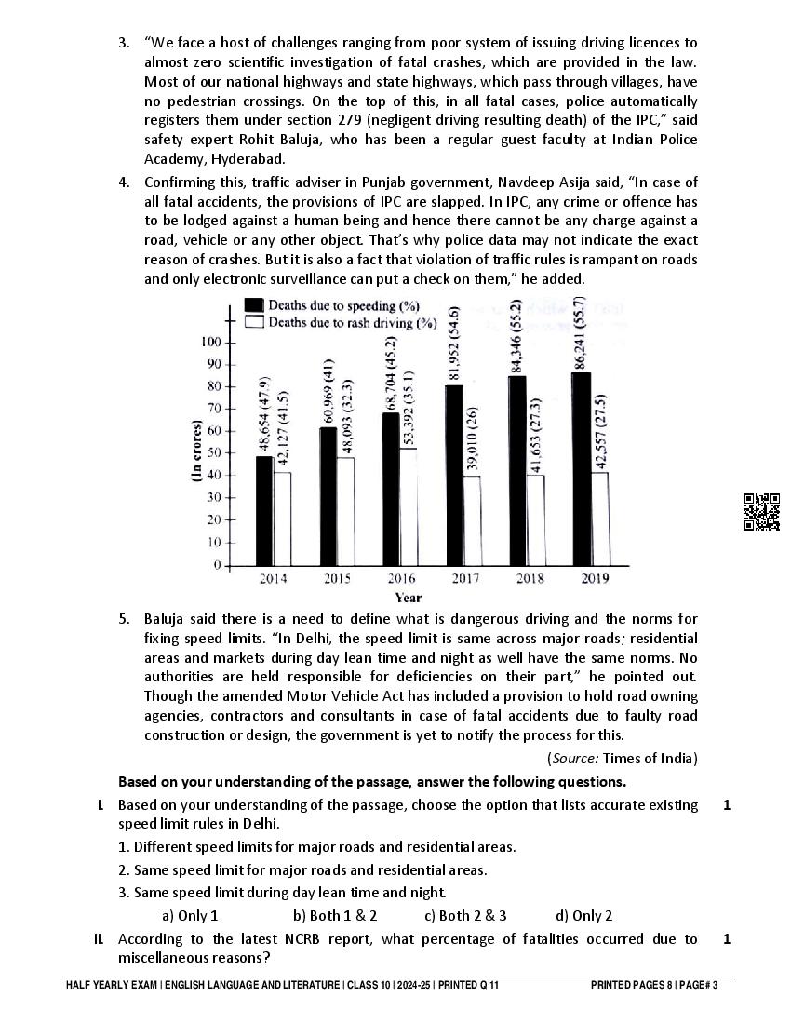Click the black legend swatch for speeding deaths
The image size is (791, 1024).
(253, 305)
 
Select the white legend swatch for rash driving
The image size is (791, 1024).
(253, 322)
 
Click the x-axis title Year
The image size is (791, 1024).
(408, 598)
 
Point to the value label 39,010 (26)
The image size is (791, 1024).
(473, 438)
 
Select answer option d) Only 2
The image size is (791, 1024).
(584, 915)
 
